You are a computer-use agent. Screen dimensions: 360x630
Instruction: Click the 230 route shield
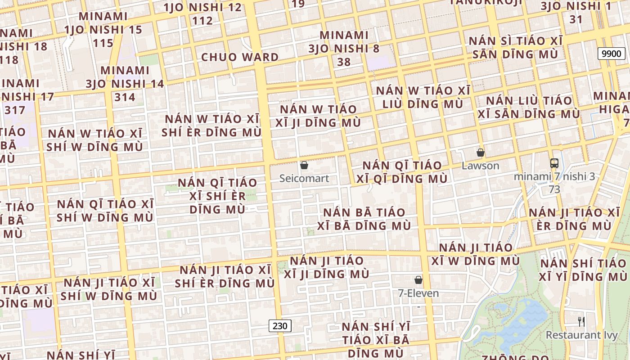[280, 326]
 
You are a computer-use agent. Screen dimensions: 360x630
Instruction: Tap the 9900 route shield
[612, 54]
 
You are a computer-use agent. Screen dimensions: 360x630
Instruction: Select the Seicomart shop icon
[304, 165]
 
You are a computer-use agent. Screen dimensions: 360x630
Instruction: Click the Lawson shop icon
[481, 153]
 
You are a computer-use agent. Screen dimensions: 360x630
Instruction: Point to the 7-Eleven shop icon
[418, 280]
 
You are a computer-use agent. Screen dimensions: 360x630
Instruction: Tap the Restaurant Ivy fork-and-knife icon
[581, 321]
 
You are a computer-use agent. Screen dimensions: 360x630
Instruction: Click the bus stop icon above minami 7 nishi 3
[554, 163]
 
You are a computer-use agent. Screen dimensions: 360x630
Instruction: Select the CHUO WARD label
[240, 57]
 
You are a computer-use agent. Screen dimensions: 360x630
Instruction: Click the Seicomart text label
[304, 178]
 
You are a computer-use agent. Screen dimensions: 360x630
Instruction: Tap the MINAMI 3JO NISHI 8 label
[344, 42]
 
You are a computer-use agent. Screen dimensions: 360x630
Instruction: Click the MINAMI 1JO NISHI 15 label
[103, 23]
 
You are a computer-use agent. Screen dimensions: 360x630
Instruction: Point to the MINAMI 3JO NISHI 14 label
[125, 77]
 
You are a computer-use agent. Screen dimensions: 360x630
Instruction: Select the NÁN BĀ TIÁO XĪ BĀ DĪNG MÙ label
[364, 219]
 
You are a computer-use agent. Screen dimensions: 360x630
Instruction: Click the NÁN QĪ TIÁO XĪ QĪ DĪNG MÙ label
[402, 172]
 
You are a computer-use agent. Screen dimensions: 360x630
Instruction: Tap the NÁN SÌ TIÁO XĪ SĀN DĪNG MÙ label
[516, 48]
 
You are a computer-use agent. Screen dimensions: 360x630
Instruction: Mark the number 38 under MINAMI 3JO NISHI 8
[344, 62]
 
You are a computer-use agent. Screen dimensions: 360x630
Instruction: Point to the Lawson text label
[481, 166]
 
